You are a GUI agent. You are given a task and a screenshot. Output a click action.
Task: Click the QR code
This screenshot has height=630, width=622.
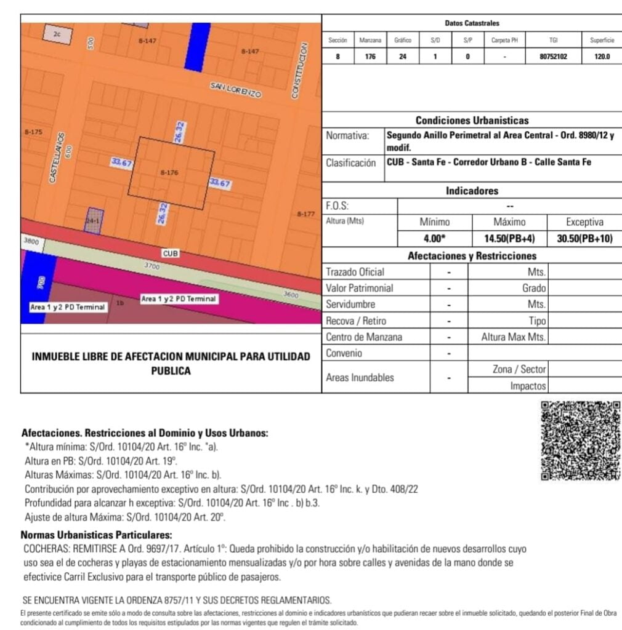580,441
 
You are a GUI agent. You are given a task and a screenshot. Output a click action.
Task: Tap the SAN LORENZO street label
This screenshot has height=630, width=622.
236,90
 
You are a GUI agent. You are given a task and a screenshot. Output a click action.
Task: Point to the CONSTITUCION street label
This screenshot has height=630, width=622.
301,71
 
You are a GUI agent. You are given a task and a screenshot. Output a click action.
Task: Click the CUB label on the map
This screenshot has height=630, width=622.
170,253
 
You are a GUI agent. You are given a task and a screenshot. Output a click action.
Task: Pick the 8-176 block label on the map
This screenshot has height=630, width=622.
169,173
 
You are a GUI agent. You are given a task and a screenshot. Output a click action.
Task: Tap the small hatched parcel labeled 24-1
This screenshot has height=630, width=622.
94,220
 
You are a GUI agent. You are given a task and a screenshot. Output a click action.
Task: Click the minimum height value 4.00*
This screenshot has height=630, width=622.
435,238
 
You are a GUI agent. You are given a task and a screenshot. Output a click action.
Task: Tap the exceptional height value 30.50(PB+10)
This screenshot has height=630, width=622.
584,238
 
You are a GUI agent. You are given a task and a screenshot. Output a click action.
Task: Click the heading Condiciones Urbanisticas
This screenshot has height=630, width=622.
472,121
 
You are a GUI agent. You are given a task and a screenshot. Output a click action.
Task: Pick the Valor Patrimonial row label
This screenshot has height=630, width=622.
359,288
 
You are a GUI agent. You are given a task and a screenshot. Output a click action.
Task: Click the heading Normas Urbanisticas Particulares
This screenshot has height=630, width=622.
97,535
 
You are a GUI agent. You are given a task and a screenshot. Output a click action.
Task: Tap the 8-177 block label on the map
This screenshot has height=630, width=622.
305,214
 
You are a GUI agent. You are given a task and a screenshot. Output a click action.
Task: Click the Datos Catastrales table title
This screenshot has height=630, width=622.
472,23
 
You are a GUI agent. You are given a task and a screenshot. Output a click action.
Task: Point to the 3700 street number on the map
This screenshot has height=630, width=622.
151,266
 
